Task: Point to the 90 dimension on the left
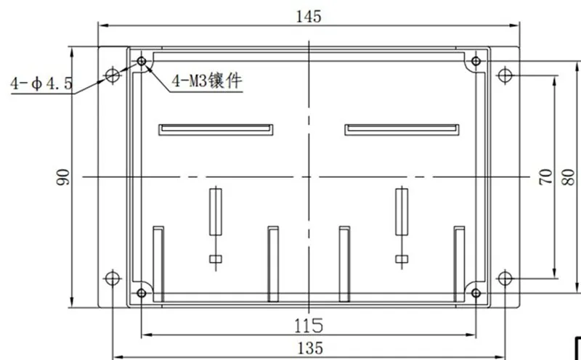pyautogui.click(x=64, y=176)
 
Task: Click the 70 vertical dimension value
pyautogui.click(x=545, y=176)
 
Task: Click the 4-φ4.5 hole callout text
pyautogui.click(x=41, y=85)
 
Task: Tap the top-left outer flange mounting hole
pyautogui.click(x=112, y=75)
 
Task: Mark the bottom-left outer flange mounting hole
pyautogui.click(x=112, y=278)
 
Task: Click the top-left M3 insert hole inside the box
pyautogui.click(x=142, y=60)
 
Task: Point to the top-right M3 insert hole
pyautogui.click(x=476, y=60)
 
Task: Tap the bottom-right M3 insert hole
pyautogui.click(x=476, y=292)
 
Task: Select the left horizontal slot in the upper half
pyautogui.click(x=216, y=130)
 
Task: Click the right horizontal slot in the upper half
pyautogui.click(x=402, y=130)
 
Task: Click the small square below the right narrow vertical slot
pyautogui.click(x=401, y=259)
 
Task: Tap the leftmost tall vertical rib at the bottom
pyautogui.click(x=158, y=263)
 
